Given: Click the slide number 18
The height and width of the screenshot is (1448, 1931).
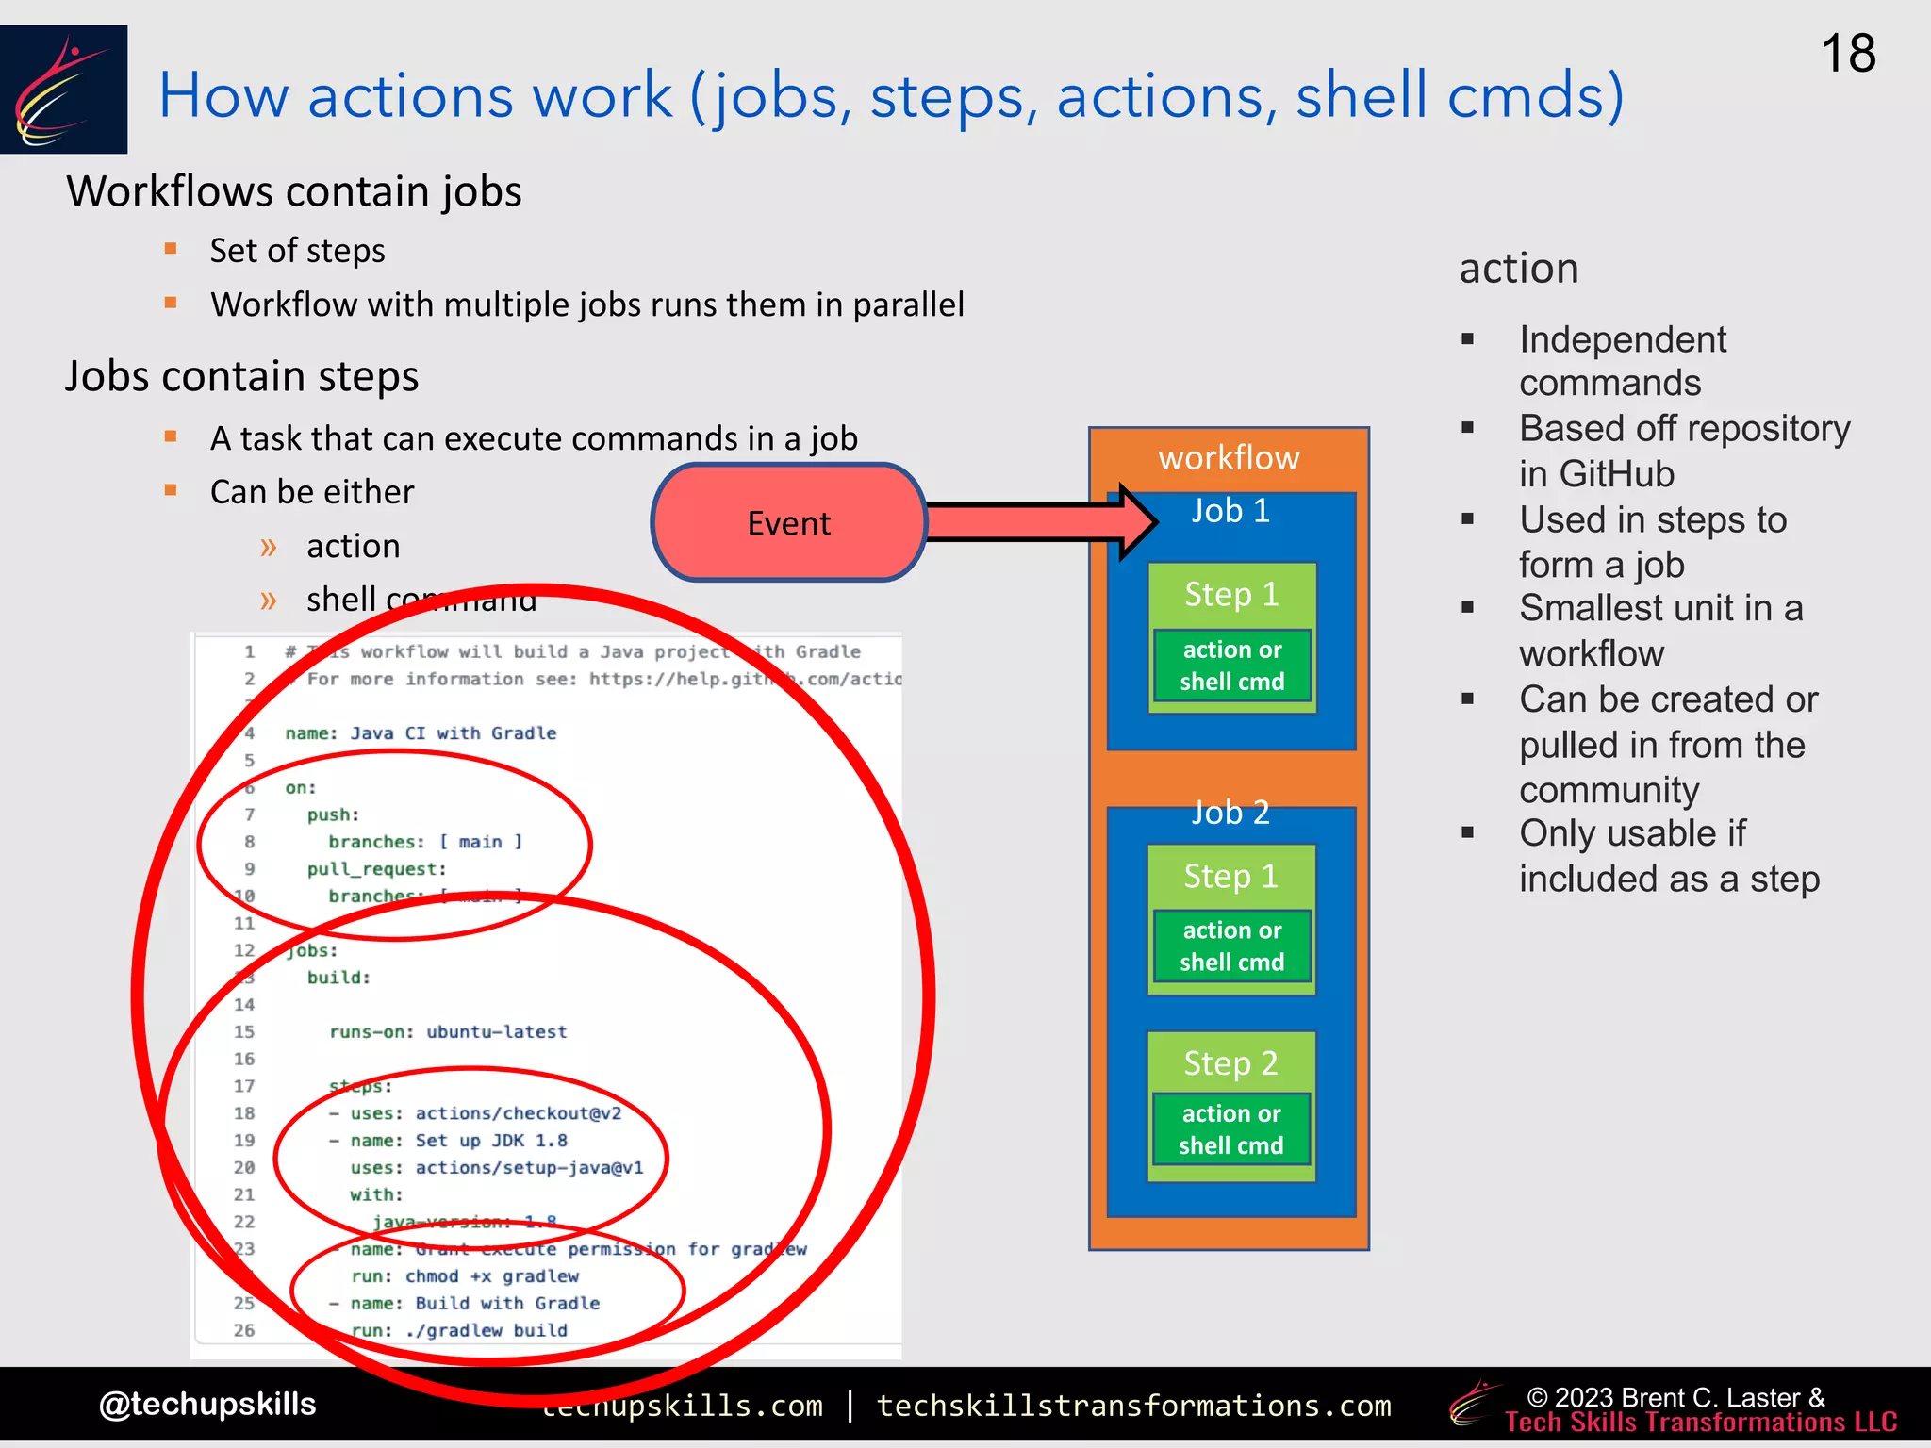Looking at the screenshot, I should pyautogui.click(x=1847, y=54).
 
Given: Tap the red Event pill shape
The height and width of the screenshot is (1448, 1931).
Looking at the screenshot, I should pyautogui.click(x=788, y=522).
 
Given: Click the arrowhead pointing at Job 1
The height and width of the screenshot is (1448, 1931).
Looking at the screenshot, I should pyautogui.click(x=1136, y=521).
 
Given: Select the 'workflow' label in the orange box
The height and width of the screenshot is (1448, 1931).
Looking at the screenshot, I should pyautogui.click(x=1229, y=458).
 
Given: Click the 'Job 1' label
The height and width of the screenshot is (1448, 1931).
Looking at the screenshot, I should pyautogui.click(x=1230, y=511).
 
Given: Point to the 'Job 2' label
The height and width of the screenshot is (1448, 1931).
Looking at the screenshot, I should pyautogui.click(x=1230, y=813).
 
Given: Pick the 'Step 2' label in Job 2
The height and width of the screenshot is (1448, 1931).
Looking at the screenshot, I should pyautogui.click(x=1230, y=1063).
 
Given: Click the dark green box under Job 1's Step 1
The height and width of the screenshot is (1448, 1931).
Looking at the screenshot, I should pyautogui.click(x=1231, y=666).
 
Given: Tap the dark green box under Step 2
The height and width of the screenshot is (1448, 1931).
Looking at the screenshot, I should pyautogui.click(x=1230, y=1129).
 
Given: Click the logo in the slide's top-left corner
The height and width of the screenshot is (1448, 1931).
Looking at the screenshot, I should pyautogui.click(x=63, y=90).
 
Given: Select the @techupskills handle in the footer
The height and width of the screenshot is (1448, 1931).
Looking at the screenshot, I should pyautogui.click(x=207, y=1404).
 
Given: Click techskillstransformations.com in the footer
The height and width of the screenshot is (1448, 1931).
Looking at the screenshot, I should pyautogui.click(x=1133, y=1406).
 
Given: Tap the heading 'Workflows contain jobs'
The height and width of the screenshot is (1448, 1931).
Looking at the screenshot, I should pyautogui.click(x=293, y=191).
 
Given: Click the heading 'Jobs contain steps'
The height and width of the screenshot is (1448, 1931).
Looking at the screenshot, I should pyautogui.click(x=241, y=376).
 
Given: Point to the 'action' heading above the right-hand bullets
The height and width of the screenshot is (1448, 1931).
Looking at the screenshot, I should pyautogui.click(x=1518, y=269).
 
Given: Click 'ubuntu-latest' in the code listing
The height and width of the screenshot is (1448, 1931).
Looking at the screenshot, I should pyautogui.click(x=496, y=1031).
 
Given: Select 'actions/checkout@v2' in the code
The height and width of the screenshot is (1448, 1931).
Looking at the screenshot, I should pyautogui.click(x=518, y=1113).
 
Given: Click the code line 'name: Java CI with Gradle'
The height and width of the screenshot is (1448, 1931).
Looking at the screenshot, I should pyautogui.click(x=421, y=733).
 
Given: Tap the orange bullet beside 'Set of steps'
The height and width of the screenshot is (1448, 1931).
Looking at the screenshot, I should pyautogui.click(x=171, y=249).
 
